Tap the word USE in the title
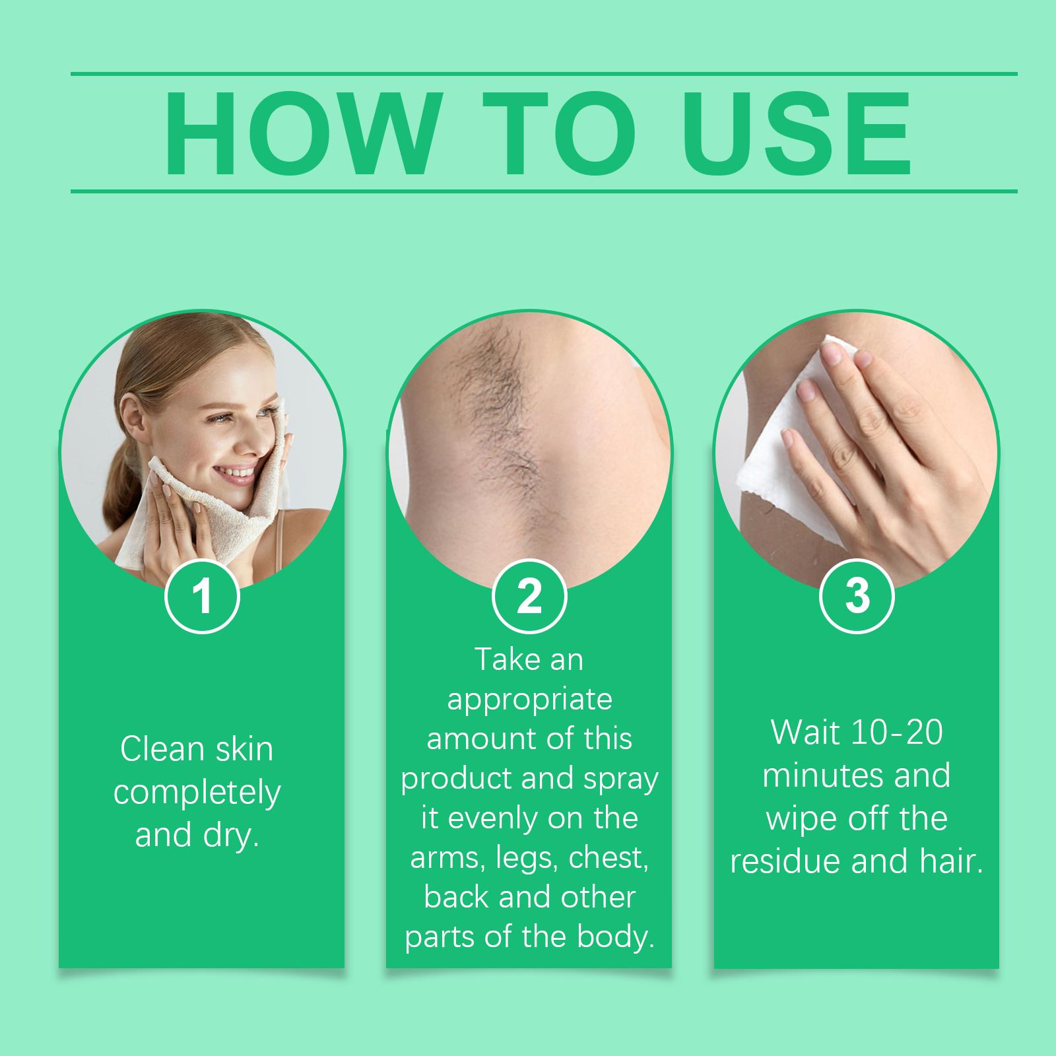797,134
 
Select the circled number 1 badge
202,596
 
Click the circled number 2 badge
529,596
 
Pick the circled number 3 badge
857,596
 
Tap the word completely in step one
197,793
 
